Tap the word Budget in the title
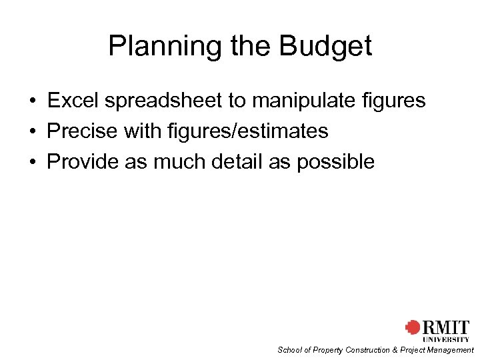coord(325,46)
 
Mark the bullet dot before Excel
coord(32,101)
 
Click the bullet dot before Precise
coord(32,131)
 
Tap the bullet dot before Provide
coord(32,161)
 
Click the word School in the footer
coord(289,350)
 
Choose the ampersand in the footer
coord(396,350)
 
